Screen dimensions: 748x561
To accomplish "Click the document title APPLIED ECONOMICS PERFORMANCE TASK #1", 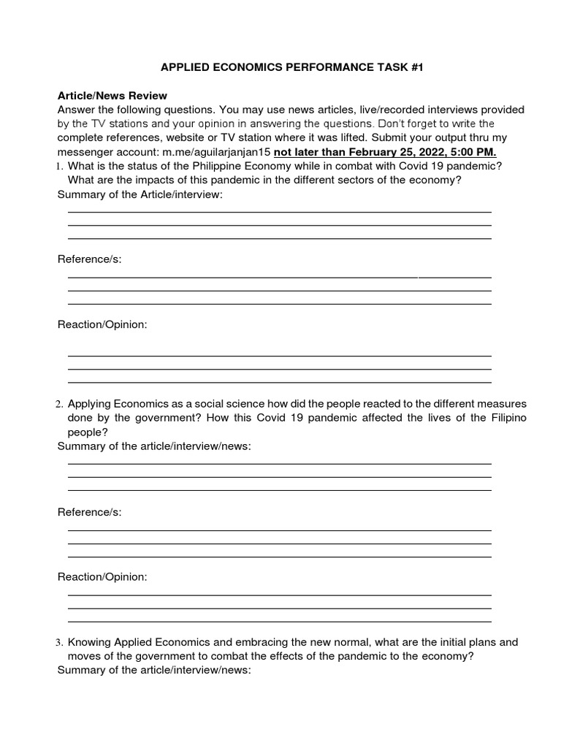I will [x=291, y=67].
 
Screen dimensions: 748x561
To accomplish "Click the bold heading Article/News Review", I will [x=112, y=96].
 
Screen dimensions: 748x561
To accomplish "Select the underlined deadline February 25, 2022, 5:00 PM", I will [x=385, y=151].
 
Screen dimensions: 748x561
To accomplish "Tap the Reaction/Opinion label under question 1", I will [x=102, y=324].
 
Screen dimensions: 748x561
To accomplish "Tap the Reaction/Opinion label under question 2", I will [x=102, y=577].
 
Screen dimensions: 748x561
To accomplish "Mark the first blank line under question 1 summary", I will [x=279, y=212].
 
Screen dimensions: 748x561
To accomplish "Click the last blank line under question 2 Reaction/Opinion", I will [x=279, y=621].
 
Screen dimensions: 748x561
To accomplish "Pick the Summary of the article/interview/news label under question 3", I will [x=154, y=670].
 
